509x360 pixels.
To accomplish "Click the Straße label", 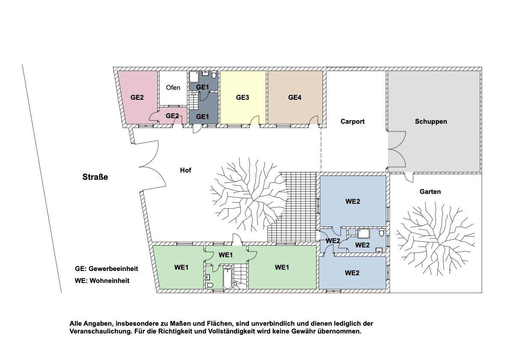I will tap(95, 177).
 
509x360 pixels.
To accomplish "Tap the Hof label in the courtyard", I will tap(185, 170).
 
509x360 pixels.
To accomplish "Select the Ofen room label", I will tap(173, 88).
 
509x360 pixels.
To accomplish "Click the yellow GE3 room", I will tap(243, 98).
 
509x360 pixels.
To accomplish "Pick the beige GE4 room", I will tap(295, 98).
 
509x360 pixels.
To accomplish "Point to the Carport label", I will tap(352, 122).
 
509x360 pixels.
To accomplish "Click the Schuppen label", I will tap(431, 122).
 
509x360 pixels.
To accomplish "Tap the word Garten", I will tap(430, 192).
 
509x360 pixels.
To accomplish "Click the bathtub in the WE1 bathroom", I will tap(227, 278).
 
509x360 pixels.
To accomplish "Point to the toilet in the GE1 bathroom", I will tap(214, 76).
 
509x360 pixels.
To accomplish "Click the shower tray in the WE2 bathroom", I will tap(364, 233).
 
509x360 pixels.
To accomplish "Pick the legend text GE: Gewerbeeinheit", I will tap(107, 269).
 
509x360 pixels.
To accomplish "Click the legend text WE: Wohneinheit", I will tap(102, 281).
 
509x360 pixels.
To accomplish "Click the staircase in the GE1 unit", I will tap(194, 103).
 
